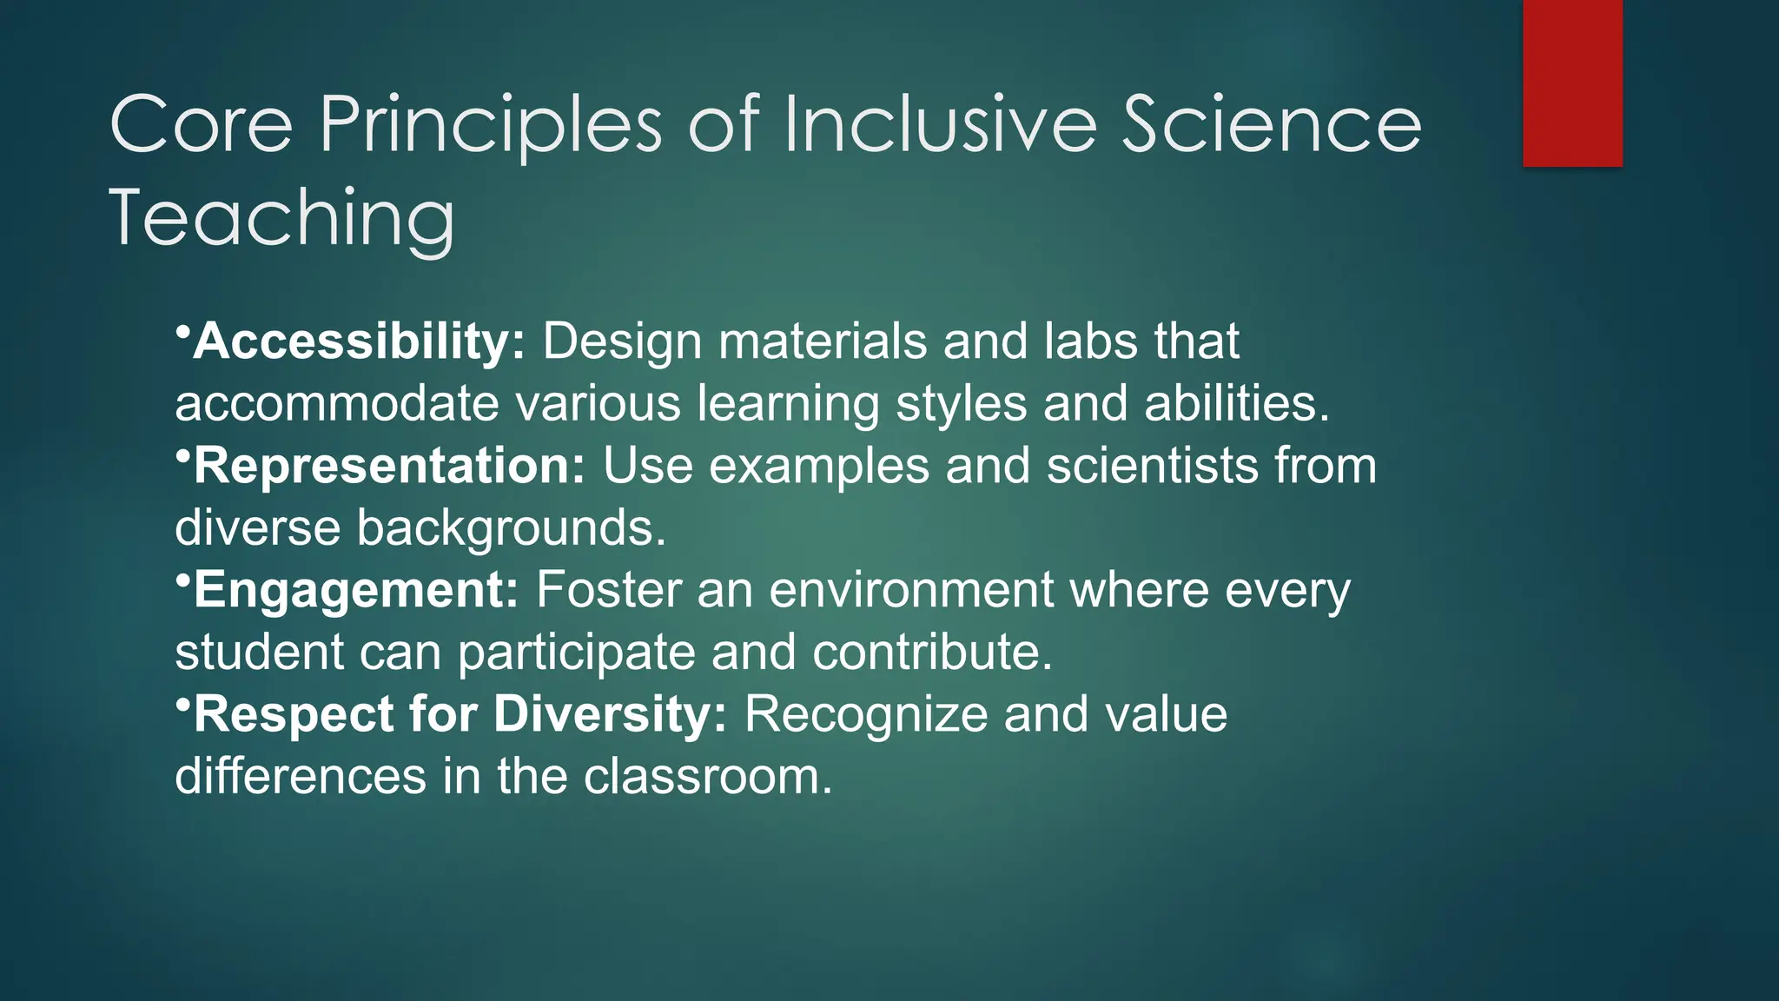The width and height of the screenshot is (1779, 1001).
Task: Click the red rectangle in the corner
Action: (x=1572, y=83)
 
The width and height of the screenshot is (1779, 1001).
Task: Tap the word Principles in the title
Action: (x=491, y=126)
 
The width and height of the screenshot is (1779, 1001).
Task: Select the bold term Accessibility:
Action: (x=359, y=341)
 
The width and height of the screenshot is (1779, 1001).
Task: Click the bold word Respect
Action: (x=294, y=714)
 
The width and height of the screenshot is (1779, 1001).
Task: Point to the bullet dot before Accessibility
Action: (x=182, y=332)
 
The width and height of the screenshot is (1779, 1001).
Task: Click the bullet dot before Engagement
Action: (x=182, y=580)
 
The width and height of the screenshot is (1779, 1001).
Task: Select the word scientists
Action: (x=1152, y=466)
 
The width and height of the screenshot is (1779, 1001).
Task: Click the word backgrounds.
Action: (x=511, y=528)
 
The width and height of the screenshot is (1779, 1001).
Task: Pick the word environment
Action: (x=911, y=591)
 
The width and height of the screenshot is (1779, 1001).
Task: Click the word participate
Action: (x=577, y=653)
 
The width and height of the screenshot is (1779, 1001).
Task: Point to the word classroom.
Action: (x=707, y=777)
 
